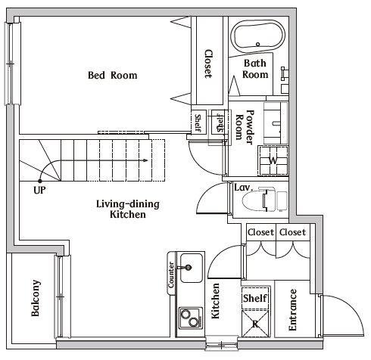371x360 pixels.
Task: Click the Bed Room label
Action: pyautogui.click(x=113, y=75)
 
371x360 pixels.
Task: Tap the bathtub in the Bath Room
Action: pyautogui.click(x=259, y=36)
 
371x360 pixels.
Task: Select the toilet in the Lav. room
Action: pyautogui.click(x=264, y=200)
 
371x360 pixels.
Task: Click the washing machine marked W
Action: pyautogui.click(x=273, y=160)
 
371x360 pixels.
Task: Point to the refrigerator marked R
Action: pyautogui.click(x=255, y=324)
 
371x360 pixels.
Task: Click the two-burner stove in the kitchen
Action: pyautogui.click(x=191, y=318)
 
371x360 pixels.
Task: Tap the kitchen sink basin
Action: pyautogui.click(x=192, y=268)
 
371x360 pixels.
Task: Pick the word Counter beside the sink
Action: pyautogui.click(x=171, y=275)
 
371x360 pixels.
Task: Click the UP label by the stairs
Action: pyautogui.click(x=39, y=190)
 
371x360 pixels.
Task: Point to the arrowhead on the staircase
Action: pyautogui.click(x=145, y=160)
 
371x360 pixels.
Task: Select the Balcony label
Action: pyautogui.click(x=36, y=298)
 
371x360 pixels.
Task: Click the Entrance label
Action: pyautogui.click(x=292, y=309)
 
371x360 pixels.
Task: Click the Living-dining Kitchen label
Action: pyautogui.click(x=128, y=209)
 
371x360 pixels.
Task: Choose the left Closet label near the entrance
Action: pyautogui.click(x=260, y=232)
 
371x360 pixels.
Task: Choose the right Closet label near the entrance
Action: pyautogui.click(x=292, y=232)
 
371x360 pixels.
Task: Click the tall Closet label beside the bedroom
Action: pyautogui.click(x=208, y=64)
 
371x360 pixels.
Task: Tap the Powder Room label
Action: pyautogui.click(x=245, y=127)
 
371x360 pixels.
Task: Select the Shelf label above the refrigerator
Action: pyautogui.click(x=255, y=298)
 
